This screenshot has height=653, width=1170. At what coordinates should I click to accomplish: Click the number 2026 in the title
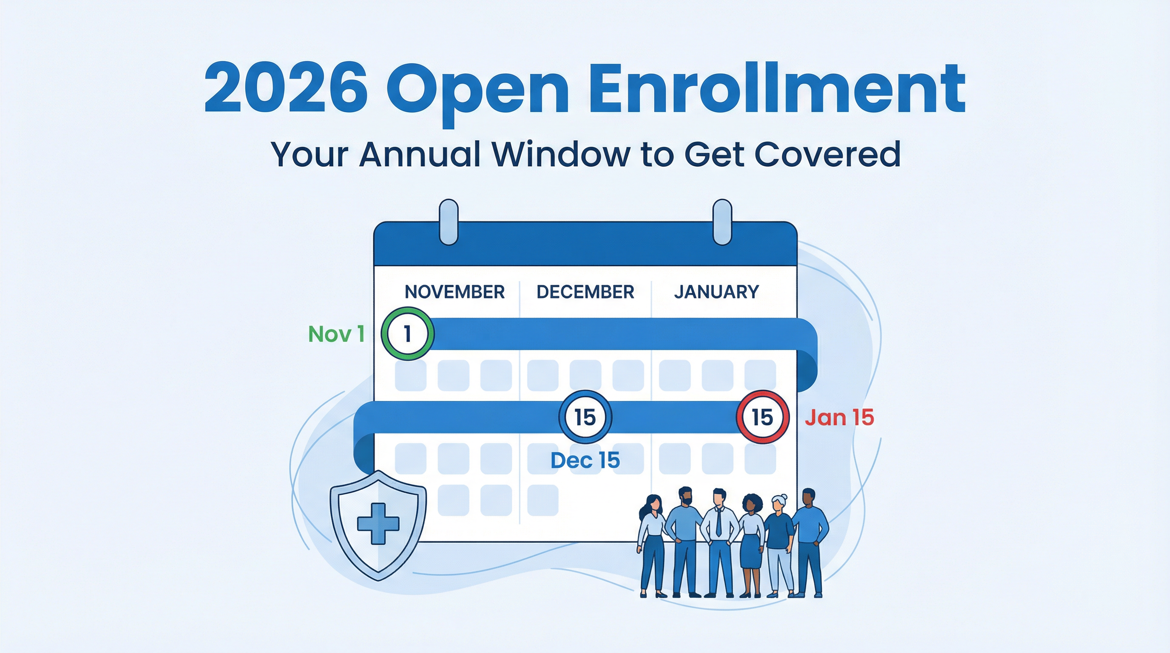[x=286, y=89]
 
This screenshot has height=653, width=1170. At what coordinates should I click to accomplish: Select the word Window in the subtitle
[x=560, y=154]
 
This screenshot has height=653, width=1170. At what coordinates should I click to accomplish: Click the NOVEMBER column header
[x=454, y=292]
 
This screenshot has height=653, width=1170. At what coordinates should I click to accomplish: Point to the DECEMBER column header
[x=585, y=292]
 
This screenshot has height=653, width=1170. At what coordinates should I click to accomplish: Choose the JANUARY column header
[x=716, y=292]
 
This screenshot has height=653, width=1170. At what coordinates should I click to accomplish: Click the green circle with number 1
[x=407, y=334]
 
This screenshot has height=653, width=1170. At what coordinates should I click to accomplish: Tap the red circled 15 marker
[x=763, y=417]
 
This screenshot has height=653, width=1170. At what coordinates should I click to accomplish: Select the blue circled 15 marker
[x=585, y=417]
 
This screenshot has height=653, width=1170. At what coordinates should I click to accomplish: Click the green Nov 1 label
[x=337, y=334]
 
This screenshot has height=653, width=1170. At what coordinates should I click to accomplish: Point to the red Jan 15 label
[x=839, y=417]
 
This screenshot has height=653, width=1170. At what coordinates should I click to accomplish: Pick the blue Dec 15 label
[x=585, y=460]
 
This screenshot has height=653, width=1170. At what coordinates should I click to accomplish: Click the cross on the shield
[x=378, y=523]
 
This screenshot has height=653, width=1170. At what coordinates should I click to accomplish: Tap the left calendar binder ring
[x=449, y=222]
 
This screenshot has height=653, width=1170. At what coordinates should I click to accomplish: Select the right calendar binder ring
[x=722, y=222]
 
